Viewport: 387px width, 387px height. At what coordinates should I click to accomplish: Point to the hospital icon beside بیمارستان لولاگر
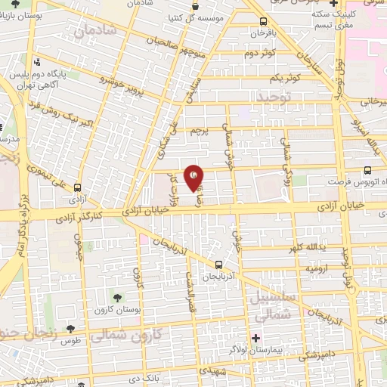click(x=255, y=337)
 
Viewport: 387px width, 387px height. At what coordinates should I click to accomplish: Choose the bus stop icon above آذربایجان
click(x=218, y=265)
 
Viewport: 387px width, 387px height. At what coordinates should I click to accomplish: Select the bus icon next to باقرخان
click(x=262, y=22)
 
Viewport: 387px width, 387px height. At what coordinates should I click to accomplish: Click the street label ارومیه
click(x=316, y=268)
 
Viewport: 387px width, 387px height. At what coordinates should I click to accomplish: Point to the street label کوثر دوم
click(x=260, y=54)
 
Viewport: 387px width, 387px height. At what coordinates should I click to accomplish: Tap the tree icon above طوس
click(x=70, y=328)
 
